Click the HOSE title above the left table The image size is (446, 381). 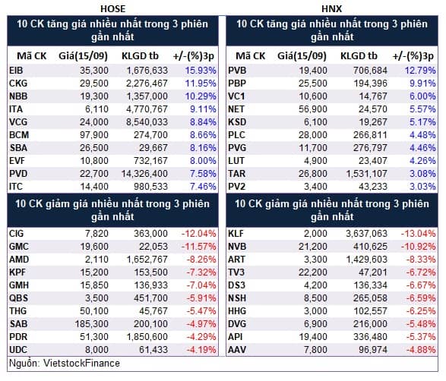pos(112,9)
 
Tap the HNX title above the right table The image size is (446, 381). pos(332,9)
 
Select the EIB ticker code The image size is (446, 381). pos(16,71)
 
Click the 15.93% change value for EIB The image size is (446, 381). pos(201,71)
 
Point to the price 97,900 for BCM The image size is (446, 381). pos(94,135)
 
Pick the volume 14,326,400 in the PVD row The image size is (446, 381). pos(144,174)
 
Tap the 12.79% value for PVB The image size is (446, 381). pos(420,71)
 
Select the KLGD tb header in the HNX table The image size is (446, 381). pos(359,56)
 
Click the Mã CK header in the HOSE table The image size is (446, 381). pos(32,56)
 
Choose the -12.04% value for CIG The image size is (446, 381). pos(199,234)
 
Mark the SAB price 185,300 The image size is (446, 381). pos(92,324)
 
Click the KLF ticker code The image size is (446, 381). pos(236,234)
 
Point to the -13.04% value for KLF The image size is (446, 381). pos(418,234)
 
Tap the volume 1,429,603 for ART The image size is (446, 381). pos(367,260)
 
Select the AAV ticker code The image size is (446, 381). pos(237,350)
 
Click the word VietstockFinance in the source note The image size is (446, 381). pos(81,364)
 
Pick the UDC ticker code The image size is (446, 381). pos(18,350)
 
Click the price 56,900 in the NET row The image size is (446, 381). pos(313,109)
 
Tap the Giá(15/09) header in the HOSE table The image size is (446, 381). pos(83,56)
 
